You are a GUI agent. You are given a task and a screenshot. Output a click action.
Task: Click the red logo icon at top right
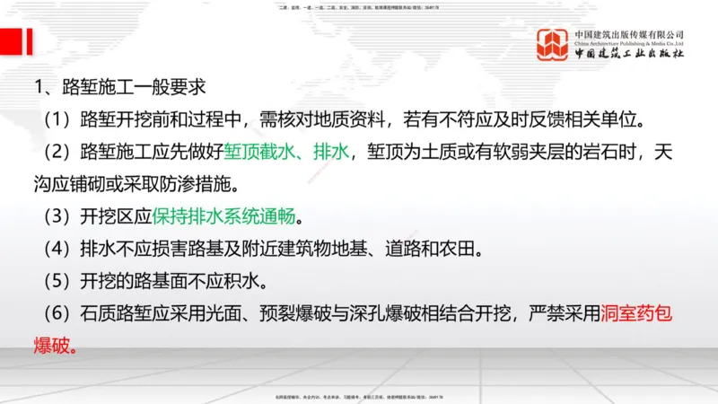pyautogui.click(x=553, y=45)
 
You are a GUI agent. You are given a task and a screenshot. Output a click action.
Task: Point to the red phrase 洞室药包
pyautogui.click(x=644, y=314)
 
